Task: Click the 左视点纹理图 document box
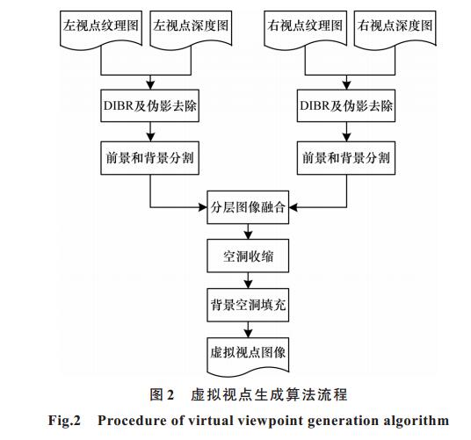tap(101, 29)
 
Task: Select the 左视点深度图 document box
tap(191, 29)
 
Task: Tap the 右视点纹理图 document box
tap(305, 29)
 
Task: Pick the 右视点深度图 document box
tap(395, 29)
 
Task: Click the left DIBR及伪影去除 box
tap(150, 105)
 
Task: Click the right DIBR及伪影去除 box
tap(346, 105)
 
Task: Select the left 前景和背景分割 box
tap(150, 158)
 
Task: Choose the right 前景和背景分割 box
tap(346, 158)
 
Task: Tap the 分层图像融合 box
tap(248, 207)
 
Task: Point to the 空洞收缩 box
tap(248, 256)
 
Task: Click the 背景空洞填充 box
tap(248, 305)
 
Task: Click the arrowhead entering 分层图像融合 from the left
tap(203, 207)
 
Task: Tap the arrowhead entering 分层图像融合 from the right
tap(293, 207)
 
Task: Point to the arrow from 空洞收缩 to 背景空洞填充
tap(248, 280)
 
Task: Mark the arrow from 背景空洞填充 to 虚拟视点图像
tap(248, 329)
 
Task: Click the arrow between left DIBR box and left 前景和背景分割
tap(150, 132)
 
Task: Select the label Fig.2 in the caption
tap(64, 420)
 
